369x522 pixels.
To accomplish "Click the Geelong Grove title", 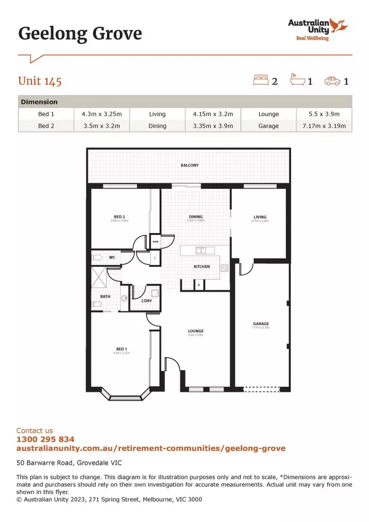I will pyautogui.click(x=80, y=34).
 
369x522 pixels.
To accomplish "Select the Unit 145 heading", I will pyautogui.click(x=40, y=81).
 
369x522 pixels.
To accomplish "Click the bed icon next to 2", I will pyautogui.click(x=261, y=80).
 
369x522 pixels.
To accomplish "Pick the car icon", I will pyautogui.click(x=332, y=81).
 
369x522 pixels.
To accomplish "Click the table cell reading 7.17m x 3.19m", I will pyautogui.click(x=324, y=126).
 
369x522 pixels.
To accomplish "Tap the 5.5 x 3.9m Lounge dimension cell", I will pyautogui.click(x=324, y=114).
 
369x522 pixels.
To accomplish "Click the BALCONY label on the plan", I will pyautogui.click(x=190, y=165).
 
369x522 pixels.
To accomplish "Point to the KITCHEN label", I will pyautogui.click(x=201, y=266).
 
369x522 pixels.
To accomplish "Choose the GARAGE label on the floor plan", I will pyautogui.click(x=261, y=324).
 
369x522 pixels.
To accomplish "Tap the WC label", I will pyautogui.click(x=112, y=258).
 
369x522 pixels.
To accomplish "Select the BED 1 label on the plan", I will pyautogui.click(x=121, y=348).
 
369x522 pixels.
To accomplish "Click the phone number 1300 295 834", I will pyautogui.click(x=45, y=439).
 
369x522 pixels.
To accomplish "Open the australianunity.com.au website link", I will pyautogui.click(x=151, y=448).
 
